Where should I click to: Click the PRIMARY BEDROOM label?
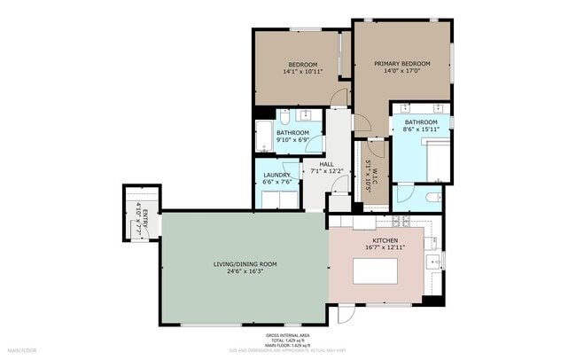401,64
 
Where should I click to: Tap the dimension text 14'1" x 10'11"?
303,72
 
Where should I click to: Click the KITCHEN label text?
384,240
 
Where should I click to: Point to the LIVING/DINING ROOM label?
245,264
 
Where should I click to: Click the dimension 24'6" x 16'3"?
245,272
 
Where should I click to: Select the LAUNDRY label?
276,175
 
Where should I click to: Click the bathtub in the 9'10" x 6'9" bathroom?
264,137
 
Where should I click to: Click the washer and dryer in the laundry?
277,200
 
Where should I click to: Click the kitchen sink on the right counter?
433,261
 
